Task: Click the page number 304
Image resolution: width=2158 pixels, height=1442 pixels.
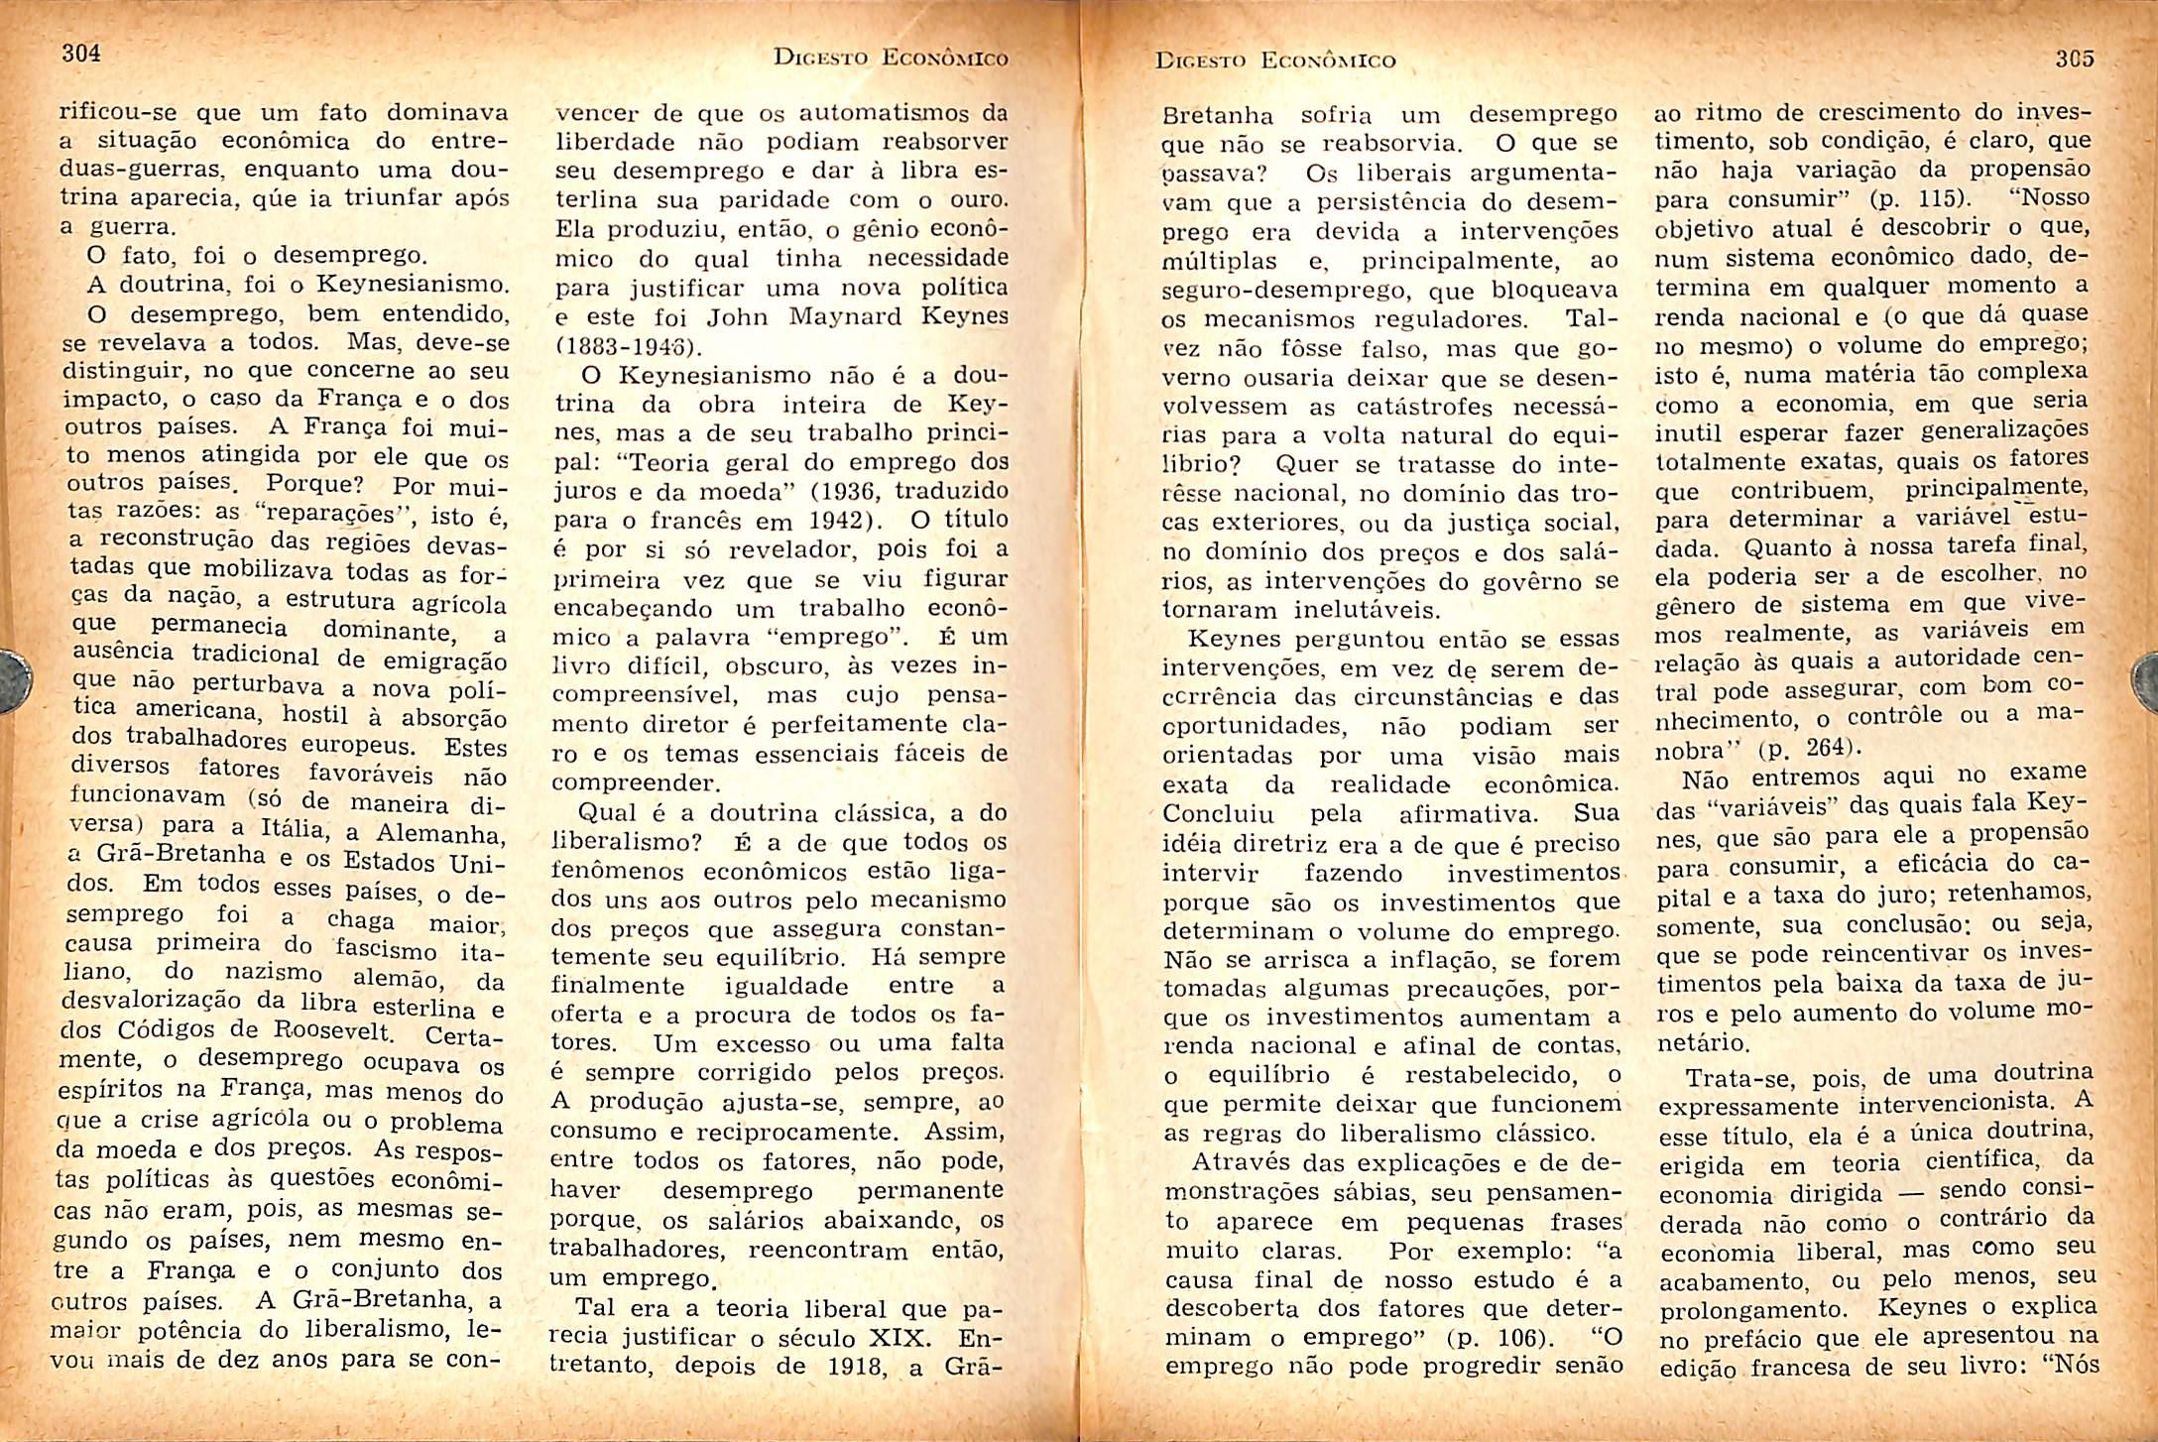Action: [x=81, y=53]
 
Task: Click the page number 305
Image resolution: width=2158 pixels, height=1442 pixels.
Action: [x=2075, y=59]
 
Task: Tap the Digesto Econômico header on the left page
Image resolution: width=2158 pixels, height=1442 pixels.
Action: [x=890, y=59]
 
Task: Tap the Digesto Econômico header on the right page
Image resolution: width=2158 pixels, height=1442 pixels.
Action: [x=1275, y=60]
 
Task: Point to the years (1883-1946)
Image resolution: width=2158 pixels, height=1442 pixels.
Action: [x=629, y=347]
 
